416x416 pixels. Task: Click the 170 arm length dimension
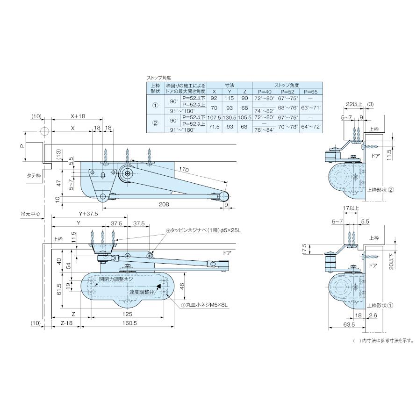point(184,169)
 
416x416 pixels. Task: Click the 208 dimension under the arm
point(164,204)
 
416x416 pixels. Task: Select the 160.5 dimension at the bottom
point(128,323)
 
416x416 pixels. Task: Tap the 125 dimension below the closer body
point(127,314)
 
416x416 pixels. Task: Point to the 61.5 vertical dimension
point(59,289)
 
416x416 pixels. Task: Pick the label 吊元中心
point(30,214)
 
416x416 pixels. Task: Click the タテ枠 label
point(34,175)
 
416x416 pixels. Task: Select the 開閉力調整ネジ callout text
point(116,279)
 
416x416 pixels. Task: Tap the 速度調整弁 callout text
point(142,292)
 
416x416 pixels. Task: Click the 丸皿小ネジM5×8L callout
point(204,305)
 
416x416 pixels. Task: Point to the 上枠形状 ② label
point(381,190)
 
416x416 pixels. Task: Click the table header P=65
point(311,92)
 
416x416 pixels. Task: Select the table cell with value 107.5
point(214,117)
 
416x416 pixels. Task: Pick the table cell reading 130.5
point(230,117)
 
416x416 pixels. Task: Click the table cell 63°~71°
point(311,108)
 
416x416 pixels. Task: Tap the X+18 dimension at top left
point(78,116)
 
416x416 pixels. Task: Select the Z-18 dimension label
point(66,323)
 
